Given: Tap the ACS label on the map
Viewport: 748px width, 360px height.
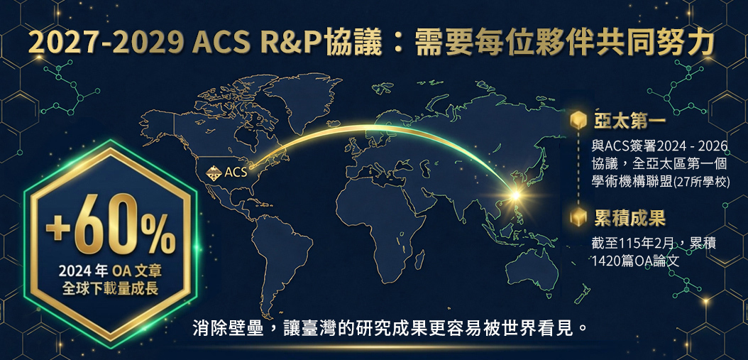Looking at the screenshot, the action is tap(236, 172).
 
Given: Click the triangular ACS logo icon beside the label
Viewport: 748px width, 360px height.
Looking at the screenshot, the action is tap(214, 172).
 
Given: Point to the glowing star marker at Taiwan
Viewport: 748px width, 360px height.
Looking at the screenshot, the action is tap(515, 195).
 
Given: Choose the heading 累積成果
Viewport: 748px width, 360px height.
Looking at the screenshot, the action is tap(629, 218).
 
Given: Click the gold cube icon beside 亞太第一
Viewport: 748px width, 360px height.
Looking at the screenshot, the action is tap(578, 121).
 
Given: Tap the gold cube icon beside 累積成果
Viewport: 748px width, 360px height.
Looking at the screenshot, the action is tap(578, 217).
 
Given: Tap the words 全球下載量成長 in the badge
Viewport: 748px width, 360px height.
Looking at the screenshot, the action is tap(110, 289).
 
